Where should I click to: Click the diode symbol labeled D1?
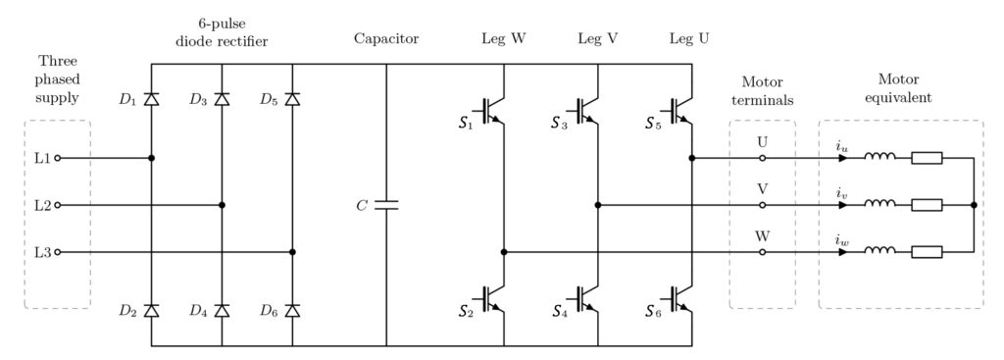click(151, 99)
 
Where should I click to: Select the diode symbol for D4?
click(223, 310)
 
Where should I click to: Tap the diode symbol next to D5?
click(293, 99)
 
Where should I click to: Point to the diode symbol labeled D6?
click(293, 310)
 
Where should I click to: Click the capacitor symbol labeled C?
click(386, 205)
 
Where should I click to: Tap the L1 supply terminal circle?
click(57, 157)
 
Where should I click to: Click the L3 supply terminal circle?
click(57, 252)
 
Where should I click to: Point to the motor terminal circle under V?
click(763, 205)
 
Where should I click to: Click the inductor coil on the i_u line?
click(879, 156)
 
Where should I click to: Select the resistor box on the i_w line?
click(927, 252)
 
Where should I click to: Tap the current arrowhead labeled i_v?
click(842, 205)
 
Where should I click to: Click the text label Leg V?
click(597, 39)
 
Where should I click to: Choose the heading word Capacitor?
click(386, 39)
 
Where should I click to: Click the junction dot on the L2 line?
click(223, 205)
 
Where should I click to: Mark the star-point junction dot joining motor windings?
click(973, 205)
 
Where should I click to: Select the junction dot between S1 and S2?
click(504, 252)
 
